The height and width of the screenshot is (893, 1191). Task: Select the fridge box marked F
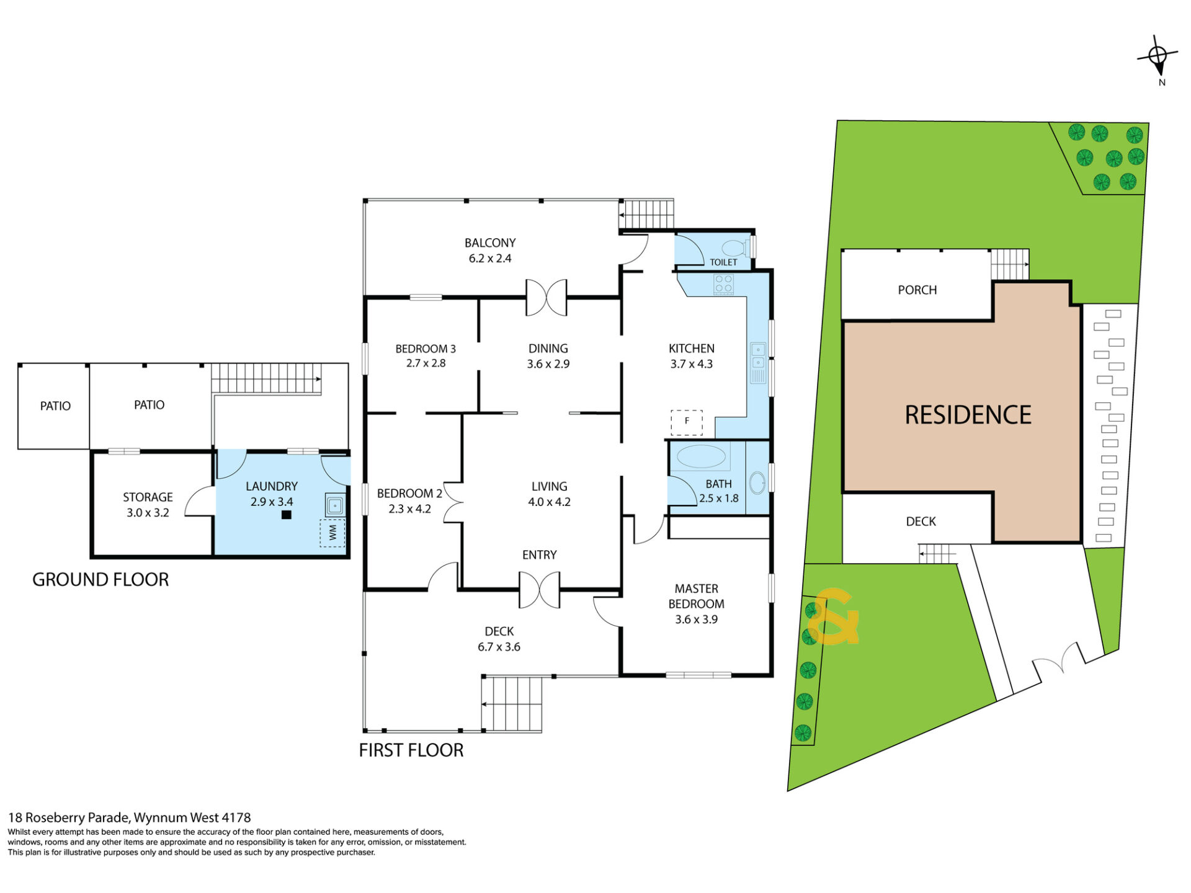[x=687, y=422]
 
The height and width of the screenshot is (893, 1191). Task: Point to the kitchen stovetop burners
[x=724, y=284]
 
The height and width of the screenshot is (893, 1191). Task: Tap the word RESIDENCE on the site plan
[x=968, y=415]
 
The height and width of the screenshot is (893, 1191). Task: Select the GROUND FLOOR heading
[x=100, y=580]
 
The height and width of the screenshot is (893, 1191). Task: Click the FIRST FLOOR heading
[x=411, y=750]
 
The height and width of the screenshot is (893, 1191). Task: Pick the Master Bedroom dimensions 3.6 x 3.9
[x=696, y=620]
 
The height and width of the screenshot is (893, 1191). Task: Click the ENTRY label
[x=539, y=555]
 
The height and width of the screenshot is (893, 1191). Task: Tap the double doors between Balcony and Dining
[x=546, y=298]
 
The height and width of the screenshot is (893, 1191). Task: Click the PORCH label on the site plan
[x=917, y=290]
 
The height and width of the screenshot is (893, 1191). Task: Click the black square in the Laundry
[x=286, y=515]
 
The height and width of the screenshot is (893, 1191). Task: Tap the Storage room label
[x=148, y=497]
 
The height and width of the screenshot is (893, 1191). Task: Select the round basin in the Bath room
[x=757, y=483]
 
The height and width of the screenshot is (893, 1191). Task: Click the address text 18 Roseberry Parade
[x=69, y=818]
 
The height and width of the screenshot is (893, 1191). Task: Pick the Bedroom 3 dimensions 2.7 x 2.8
[x=426, y=363]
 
